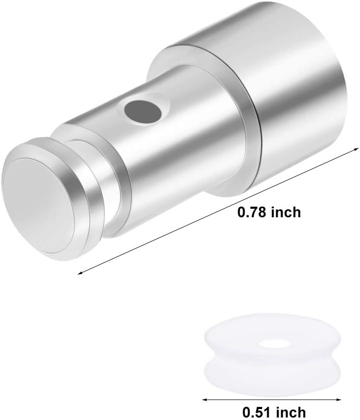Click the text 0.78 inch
[269, 212]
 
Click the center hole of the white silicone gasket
[270, 344]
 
